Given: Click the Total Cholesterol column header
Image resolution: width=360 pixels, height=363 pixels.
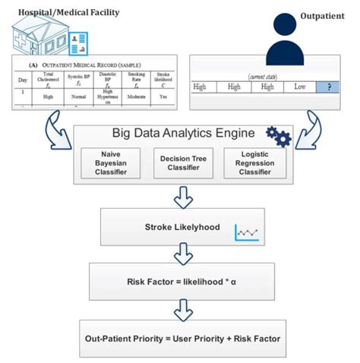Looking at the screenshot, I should pos(48,77).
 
